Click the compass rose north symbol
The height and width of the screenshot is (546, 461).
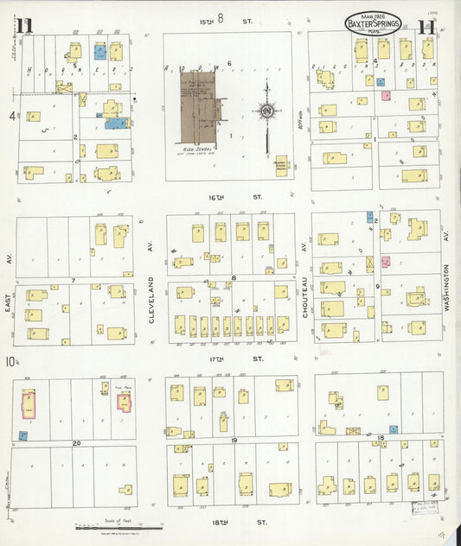click(x=266, y=111)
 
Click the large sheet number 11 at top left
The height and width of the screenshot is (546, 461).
click(x=22, y=26)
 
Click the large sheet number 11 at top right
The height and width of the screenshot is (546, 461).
click(x=425, y=26)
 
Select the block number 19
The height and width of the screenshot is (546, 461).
click(x=234, y=441)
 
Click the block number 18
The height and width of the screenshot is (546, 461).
click(x=381, y=439)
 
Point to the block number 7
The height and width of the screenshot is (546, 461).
click(x=74, y=280)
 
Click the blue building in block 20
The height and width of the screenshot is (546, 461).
click(x=23, y=436)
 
